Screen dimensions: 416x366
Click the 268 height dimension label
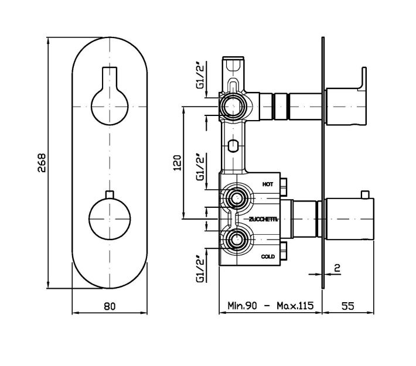click(42, 163)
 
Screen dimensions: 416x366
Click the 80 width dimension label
click(110, 306)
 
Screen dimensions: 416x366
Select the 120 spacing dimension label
click(177, 163)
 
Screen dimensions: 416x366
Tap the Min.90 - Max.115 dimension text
click(271, 306)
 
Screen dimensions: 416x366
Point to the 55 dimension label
click(347, 306)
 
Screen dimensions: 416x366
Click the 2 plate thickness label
click(337, 268)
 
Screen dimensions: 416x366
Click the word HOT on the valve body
click(268, 184)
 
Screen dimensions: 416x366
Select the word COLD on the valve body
click(268, 256)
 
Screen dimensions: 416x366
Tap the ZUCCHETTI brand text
click(263, 219)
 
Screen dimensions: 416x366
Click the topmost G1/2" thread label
click(201, 75)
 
